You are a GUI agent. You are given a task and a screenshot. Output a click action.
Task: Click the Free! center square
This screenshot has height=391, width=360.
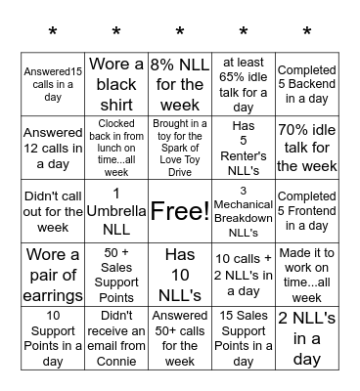pyautogui.click(x=180, y=210)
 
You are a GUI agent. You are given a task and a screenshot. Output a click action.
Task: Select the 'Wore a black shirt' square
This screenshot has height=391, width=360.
pyautogui.click(x=116, y=84)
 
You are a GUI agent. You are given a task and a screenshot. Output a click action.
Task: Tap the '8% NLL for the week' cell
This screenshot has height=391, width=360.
pyautogui.click(x=180, y=84)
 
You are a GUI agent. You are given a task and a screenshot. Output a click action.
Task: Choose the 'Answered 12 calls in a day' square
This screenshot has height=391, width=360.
pyautogui.click(x=53, y=147)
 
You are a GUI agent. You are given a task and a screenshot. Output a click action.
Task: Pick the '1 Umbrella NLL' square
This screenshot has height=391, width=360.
pyautogui.click(x=116, y=210)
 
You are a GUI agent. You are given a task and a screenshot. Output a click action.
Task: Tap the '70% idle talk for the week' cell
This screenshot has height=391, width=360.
pyautogui.click(x=307, y=147)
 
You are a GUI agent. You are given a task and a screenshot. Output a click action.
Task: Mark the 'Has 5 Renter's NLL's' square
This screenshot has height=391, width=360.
pyautogui.click(x=244, y=147)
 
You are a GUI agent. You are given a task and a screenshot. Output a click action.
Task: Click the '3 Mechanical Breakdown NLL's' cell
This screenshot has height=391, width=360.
pyautogui.click(x=244, y=210)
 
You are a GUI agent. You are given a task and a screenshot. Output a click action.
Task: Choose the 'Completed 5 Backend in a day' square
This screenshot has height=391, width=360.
pyautogui.click(x=307, y=84)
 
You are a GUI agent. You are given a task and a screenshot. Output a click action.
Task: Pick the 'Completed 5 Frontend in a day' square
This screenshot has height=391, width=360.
pyautogui.click(x=307, y=210)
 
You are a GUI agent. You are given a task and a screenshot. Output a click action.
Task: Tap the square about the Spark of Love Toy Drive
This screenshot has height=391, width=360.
pyautogui.click(x=180, y=147)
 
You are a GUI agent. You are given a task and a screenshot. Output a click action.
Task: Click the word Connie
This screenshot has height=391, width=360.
pyautogui.click(x=116, y=361)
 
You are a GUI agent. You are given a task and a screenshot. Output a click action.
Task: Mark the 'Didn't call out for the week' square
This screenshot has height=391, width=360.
pyautogui.click(x=53, y=210)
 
